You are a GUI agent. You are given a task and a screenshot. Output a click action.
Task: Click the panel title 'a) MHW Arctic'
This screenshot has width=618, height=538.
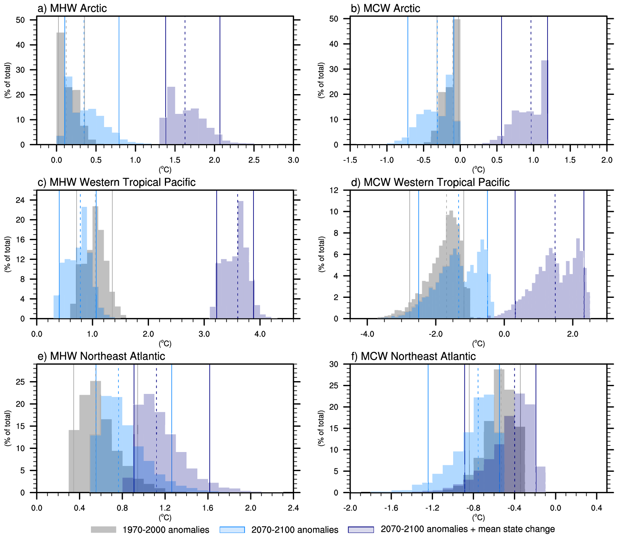coord(72,8)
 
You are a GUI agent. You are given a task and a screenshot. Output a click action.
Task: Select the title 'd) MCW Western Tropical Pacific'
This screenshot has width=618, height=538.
coord(430,182)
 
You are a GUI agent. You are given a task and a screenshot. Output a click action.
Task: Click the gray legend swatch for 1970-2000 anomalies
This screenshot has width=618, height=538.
coord(103,529)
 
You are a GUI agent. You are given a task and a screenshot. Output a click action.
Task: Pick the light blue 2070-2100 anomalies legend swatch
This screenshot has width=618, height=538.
coord(232,529)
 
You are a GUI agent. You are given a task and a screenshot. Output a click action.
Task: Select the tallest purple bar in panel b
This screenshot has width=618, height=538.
coord(544,102)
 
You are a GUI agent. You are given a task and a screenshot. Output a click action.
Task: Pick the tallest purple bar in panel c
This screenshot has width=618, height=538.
coord(240,260)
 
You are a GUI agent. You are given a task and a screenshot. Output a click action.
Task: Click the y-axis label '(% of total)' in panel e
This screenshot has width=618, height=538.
coord(7,428)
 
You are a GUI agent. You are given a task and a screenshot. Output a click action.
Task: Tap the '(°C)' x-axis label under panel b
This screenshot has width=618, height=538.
coord(478,170)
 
